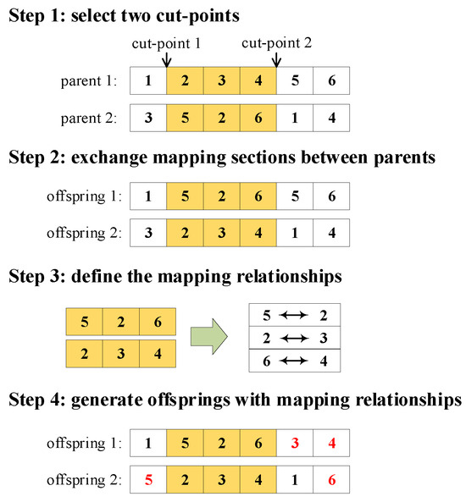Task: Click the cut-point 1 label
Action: [167, 42]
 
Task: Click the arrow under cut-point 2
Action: [276, 59]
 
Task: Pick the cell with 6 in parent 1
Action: [330, 82]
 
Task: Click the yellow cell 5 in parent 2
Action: [186, 117]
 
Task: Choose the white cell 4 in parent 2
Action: [330, 117]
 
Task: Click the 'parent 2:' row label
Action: [89, 118]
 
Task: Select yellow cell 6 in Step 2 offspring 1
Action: [258, 196]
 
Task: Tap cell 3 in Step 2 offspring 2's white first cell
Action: [148, 231]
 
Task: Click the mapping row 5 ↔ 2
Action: [292, 316]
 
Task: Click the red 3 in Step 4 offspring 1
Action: [294, 443]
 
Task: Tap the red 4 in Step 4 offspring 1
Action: [330, 443]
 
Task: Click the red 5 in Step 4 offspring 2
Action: [148, 478]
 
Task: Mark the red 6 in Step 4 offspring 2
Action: [330, 478]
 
